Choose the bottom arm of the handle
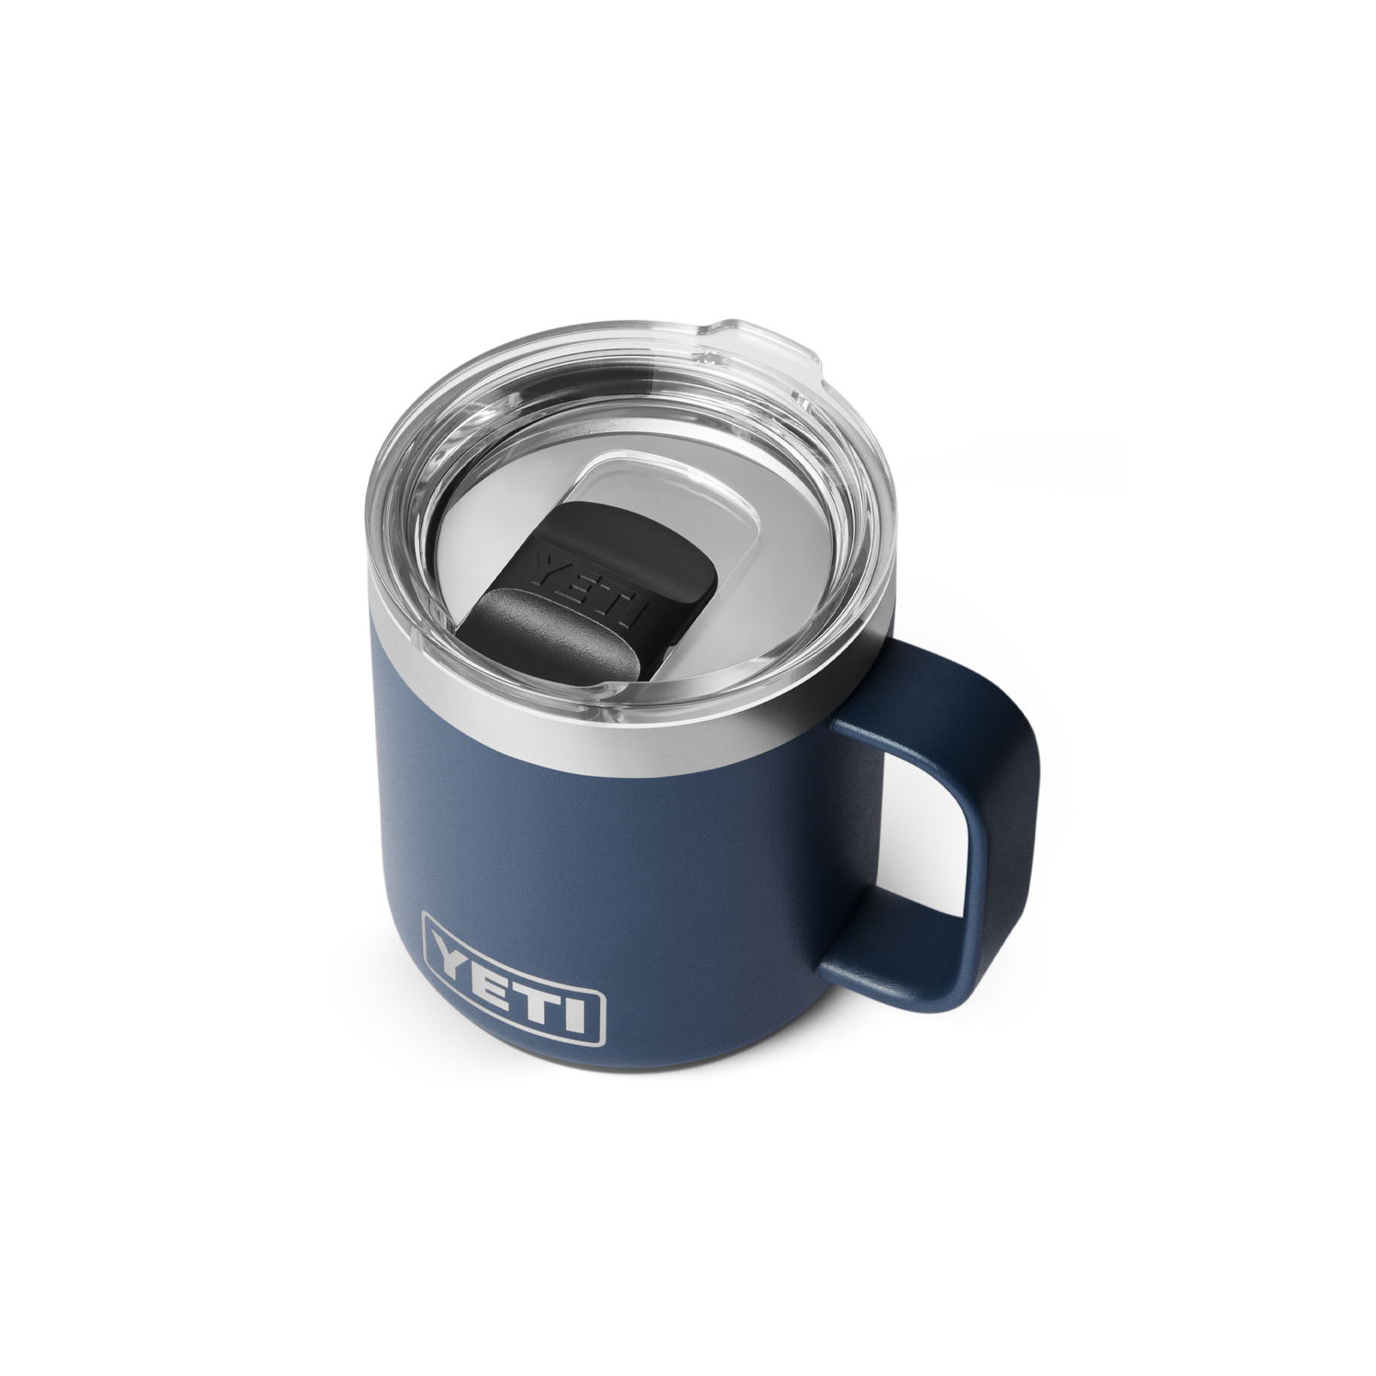(x=881, y=954)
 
